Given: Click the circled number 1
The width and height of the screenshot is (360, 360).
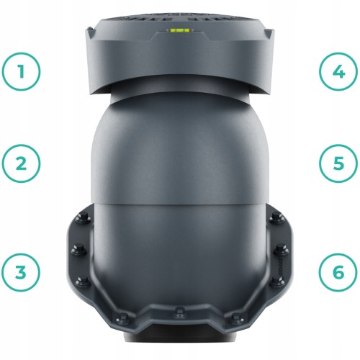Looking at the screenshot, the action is (22, 71).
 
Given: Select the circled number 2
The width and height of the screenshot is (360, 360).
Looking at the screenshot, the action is (22, 163).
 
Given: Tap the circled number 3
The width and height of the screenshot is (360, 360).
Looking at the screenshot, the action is (22, 272).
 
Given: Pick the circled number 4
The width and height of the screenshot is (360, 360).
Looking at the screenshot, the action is (338, 71).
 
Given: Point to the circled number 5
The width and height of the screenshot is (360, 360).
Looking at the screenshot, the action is (338, 163).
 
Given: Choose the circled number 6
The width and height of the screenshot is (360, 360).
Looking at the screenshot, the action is (338, 272).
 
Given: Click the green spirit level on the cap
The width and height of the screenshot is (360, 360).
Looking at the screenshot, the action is (180, 30).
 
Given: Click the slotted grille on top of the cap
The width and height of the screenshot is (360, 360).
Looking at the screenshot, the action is (180, 17).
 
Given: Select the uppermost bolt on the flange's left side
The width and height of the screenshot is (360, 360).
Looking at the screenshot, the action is (84, 219).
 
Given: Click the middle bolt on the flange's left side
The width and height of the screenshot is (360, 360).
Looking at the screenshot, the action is (78, 250).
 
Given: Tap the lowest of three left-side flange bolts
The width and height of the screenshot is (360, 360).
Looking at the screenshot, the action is (83, 282).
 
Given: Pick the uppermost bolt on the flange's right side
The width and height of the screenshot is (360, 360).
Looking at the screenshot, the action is (276, 219).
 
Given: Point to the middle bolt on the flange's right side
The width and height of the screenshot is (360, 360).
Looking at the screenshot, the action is (282, 250).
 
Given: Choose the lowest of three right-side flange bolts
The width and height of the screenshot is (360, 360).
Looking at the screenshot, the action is (277, 282).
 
